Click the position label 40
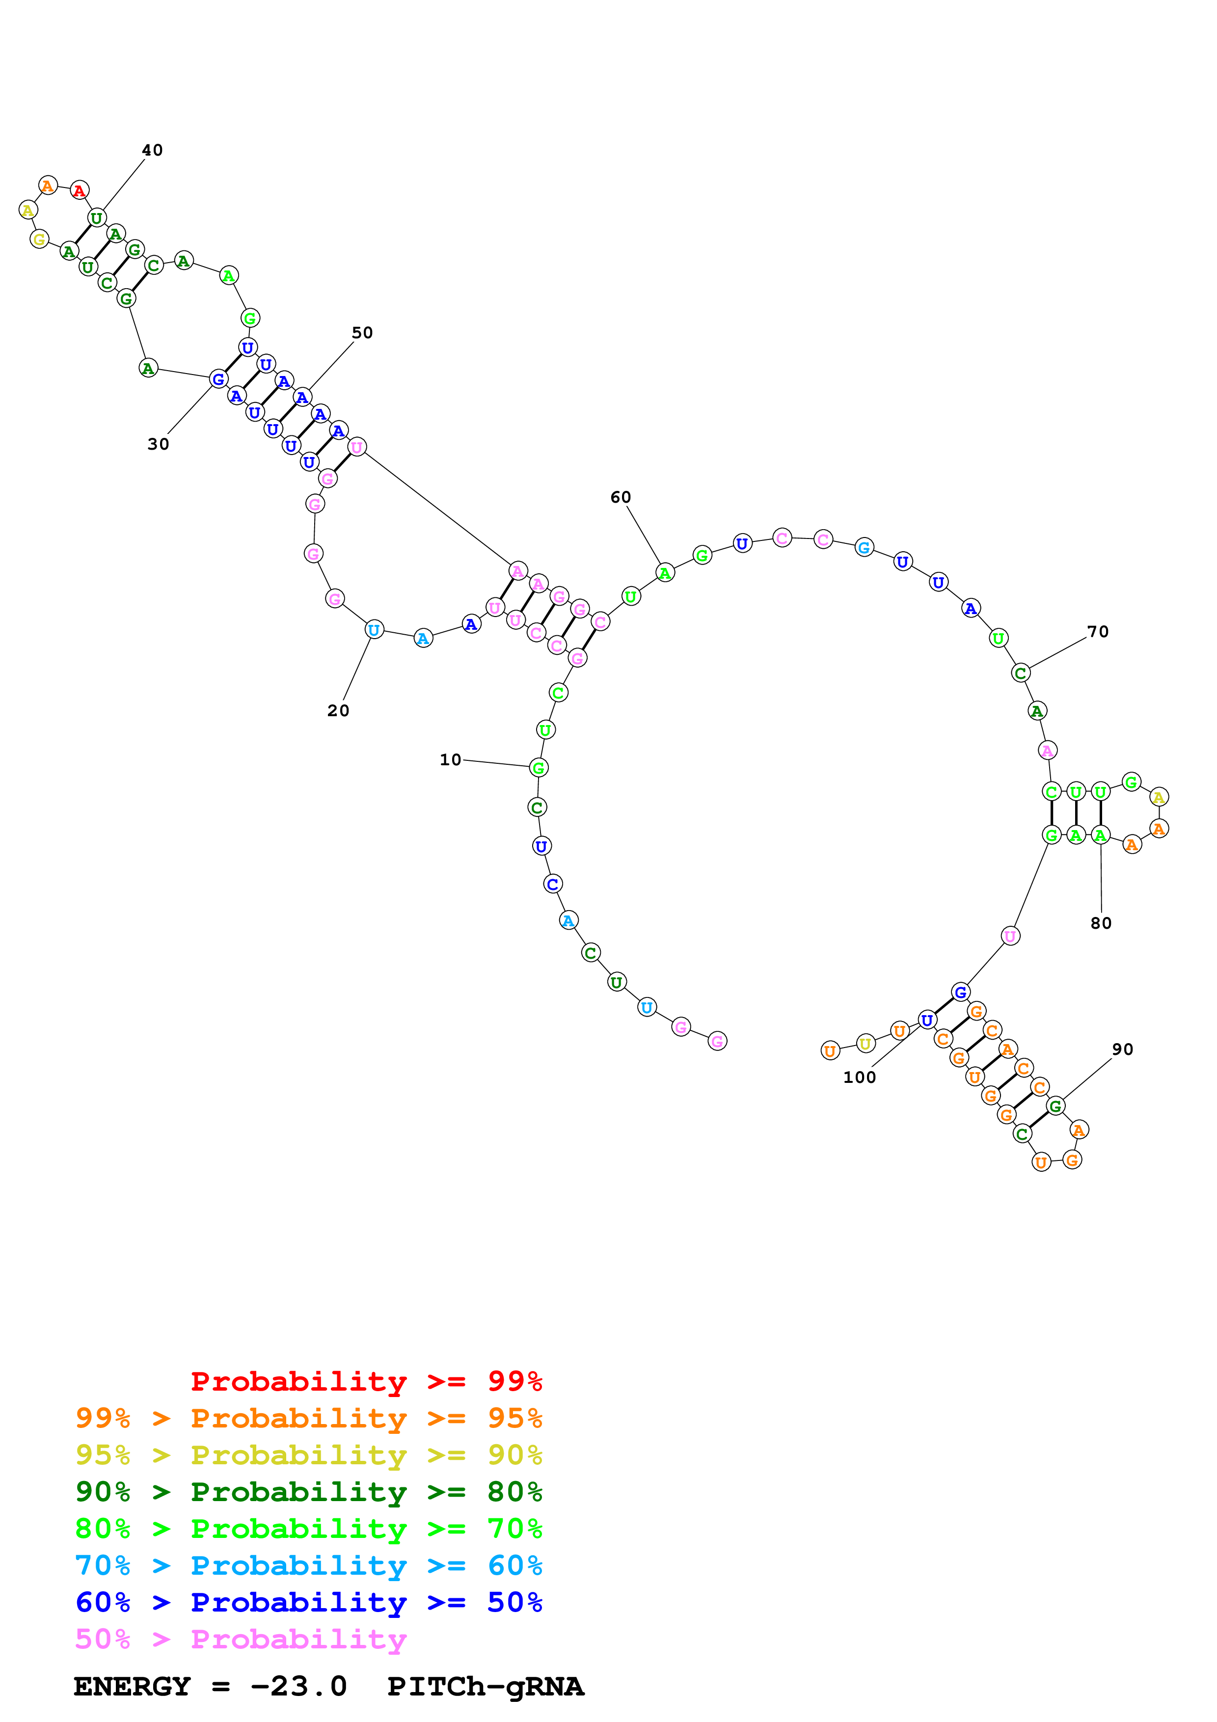click(152, 150)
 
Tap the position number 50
click(362, 332)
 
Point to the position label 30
click(158, 444)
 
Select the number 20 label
click(338, 710)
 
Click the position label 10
click(450, 760)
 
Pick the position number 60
click(620, 497)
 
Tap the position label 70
click(1098, 631)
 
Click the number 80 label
click(1101, 923)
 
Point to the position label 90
click(1123, 1049)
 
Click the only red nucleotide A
click(80, 190)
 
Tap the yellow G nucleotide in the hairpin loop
click(39, 239)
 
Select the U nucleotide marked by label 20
click(374, 630)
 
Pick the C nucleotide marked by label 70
click(1020, 673)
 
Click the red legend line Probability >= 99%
click(366, 1381)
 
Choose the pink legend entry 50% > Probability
click(240, 1639)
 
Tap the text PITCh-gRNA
click(485, 1686)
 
